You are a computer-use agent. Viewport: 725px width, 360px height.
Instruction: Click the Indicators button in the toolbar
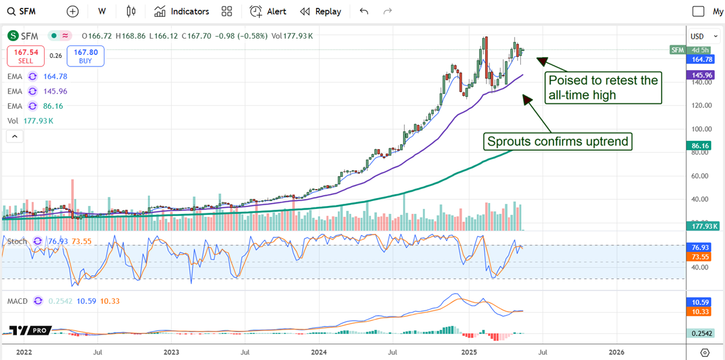tap(181, 11)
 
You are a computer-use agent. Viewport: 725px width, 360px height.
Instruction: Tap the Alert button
tap(268, 11)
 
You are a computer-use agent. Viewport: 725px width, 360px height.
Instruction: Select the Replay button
tap(321, 11)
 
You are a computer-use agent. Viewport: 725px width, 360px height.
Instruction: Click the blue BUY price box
tap(86, 56)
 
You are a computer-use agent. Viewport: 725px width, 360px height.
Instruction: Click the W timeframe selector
tap(101, 11)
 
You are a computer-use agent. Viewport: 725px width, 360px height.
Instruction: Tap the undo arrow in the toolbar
tap(364, 11)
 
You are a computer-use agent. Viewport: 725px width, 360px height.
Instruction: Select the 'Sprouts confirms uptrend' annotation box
tap(558, 142)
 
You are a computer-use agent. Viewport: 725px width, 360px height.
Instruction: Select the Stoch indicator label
tap(17, 241)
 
